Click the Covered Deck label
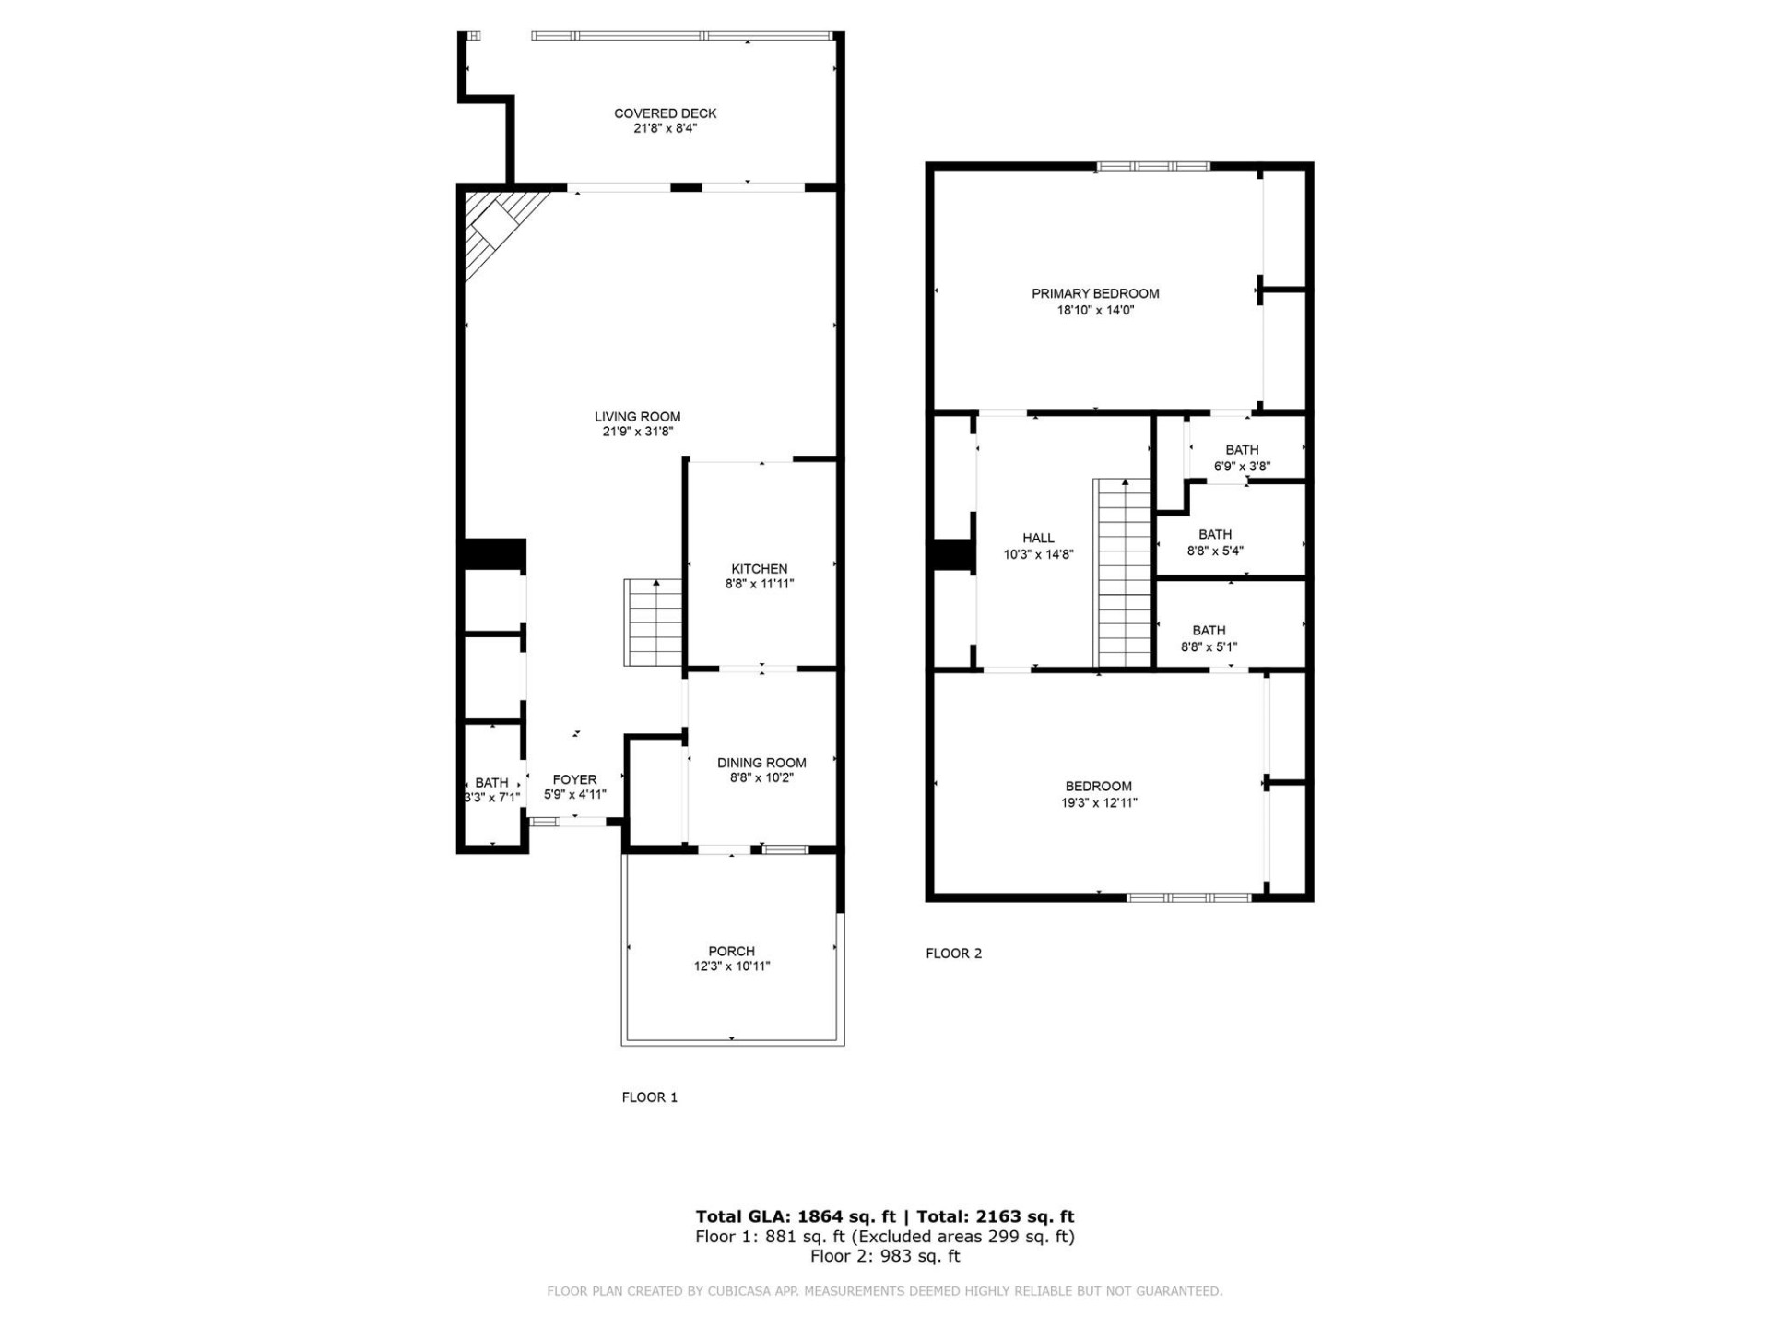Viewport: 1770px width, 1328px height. (665, 113)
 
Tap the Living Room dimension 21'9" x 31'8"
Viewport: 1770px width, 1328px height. (637, 432)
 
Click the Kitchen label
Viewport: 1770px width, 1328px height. (759, 569)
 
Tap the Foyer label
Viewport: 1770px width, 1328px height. (574, 779)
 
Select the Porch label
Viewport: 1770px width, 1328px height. (731, 951)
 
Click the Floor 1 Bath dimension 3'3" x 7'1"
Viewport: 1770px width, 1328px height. (492, 798)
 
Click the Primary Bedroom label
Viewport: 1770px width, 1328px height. (1095, 293)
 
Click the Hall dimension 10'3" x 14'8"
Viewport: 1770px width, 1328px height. (1038, 555)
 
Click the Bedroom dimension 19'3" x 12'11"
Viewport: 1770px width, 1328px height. (1098, 803)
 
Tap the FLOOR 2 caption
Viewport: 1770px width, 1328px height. (953, 954)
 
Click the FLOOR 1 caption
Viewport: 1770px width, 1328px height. (649, 1097)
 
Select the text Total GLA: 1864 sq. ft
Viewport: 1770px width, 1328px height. (795, 1216)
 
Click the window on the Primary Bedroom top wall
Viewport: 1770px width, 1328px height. (1152, 167)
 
